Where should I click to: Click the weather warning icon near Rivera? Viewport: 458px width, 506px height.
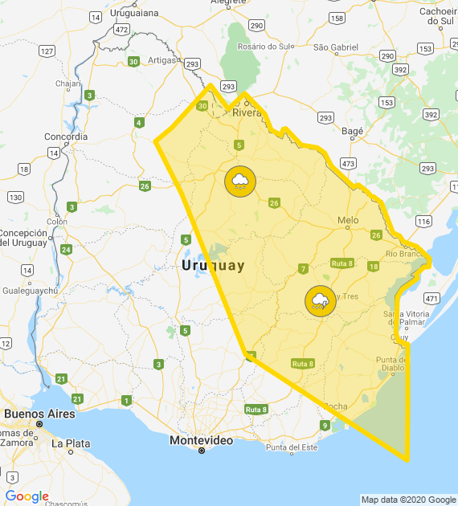click(239, 182)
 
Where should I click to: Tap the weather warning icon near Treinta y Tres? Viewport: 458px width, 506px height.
click(321, 301)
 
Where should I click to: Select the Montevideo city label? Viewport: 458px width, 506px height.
click(201, 441)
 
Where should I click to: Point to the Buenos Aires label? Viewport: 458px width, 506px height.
click(39, 414)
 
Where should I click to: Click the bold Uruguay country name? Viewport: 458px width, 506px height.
click(213, 265)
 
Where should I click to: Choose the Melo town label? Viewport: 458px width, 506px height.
click(348, 220)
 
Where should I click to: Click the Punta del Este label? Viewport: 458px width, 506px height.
click(292, 447)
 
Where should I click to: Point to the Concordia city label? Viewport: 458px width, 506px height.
click(67, 137)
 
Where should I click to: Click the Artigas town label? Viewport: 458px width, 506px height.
click(161, 60)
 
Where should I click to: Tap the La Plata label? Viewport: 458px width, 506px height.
click(71, 443)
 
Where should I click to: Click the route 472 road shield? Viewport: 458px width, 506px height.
click(121, 29)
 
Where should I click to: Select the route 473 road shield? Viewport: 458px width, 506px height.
click(348, 163)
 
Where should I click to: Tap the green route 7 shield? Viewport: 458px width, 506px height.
click(303, 268)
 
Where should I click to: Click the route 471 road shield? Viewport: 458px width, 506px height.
click(431, 298)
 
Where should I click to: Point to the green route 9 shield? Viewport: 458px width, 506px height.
click(325, 425)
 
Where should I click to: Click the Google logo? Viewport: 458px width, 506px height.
click(27, 496)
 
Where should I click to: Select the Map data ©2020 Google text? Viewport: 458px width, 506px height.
click(407, 500)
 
